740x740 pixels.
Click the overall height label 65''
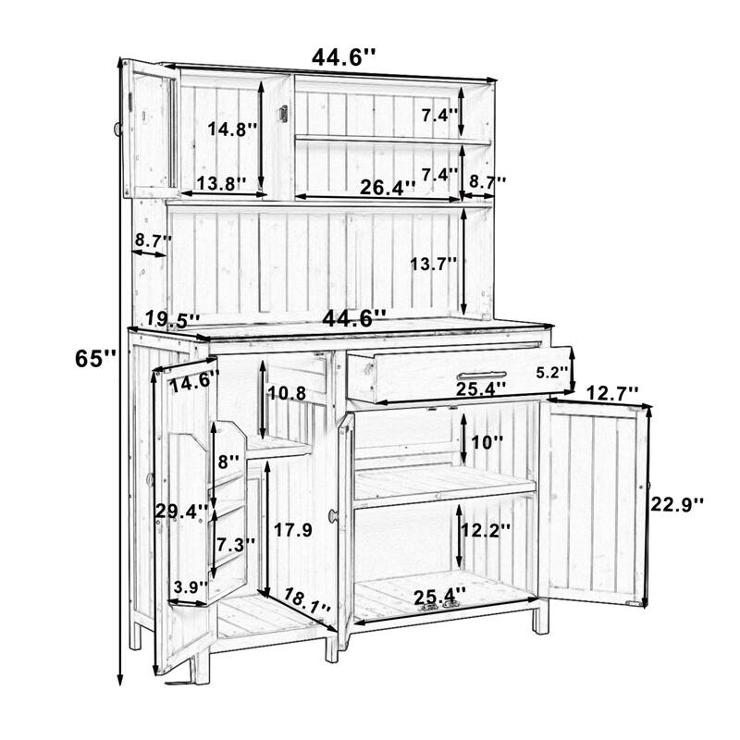pyautogui.click(x=95, y=358)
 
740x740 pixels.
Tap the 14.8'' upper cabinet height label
pyautogui.click(x=233, y=129)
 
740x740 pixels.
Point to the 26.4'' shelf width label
pyautogui.click(x=387, y=188)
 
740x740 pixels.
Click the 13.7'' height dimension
pyautogui.click(x=434, y=264)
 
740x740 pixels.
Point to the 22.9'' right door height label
pyautogui.click(x=677, y=503)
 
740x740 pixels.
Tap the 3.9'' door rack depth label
pyautogui.click(x=190, y=586)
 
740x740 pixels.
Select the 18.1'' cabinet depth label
pyautogui.click(x=308, y=602)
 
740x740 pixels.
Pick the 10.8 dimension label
pyautogui.click(x=288, y=392)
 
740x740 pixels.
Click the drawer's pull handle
pyautogui.click(x=481, y=375)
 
